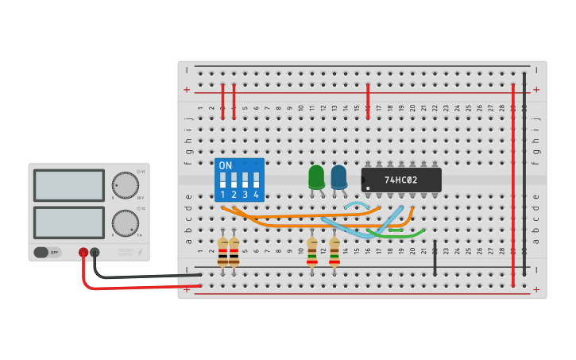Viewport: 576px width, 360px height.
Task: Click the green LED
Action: (x=316, y=176)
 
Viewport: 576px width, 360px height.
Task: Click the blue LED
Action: (x=338, y=176)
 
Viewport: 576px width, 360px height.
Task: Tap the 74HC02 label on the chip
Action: (x=400, y=180)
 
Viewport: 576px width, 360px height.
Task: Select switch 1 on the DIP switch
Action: (x=223, y=180)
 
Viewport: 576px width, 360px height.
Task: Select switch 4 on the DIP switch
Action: (x=256, y=180)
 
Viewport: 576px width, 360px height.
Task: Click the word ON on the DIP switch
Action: (x=226, y=166)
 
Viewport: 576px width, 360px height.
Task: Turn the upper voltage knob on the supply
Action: (x=125, y=185)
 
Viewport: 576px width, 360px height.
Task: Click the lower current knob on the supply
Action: (x=125, y=223)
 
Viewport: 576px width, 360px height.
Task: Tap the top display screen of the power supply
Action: (x=69, y=186)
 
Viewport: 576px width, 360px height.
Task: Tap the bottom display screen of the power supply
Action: (x=69, y=223)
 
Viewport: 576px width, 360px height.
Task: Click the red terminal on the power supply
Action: (x=83, y=252)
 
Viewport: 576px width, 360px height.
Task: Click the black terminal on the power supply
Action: (x=95, y=252)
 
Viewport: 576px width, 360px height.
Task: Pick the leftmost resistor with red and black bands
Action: (x=222, y=252)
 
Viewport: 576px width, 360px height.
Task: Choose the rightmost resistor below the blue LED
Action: (x=334, y=252)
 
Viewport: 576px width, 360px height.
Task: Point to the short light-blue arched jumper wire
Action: (x=356, y=205)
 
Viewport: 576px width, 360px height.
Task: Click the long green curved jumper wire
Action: (x=397, y=236)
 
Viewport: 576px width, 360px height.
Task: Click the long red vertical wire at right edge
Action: (x=513, y=183)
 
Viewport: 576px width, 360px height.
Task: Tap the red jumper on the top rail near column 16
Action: (x=368, y=102)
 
